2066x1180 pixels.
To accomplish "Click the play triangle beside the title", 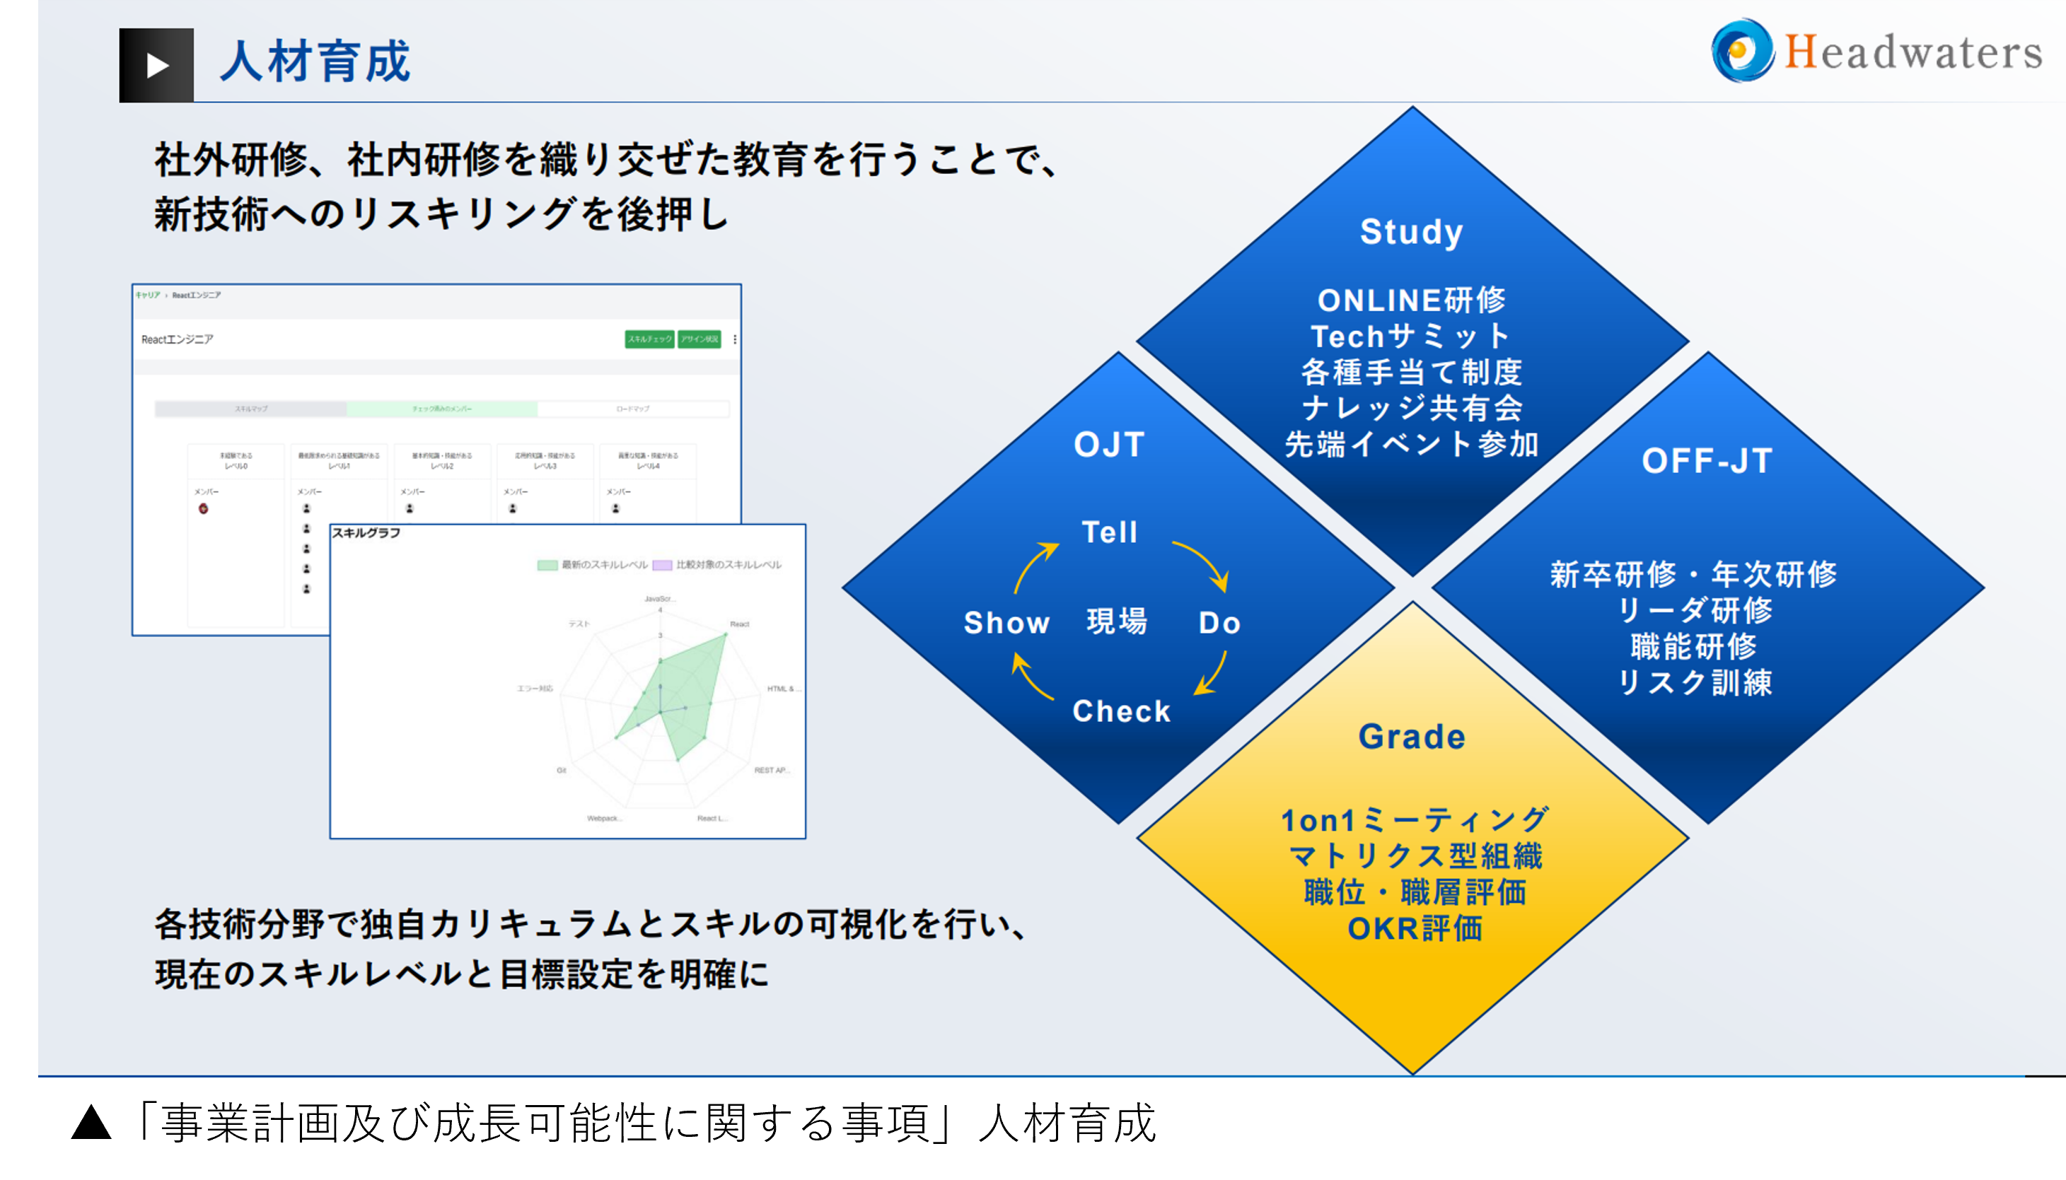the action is (157, 66).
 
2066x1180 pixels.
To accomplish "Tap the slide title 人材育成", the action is (315, 62).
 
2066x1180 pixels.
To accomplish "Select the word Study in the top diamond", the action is (1411, 232).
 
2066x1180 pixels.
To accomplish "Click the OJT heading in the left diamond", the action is (1109, 445).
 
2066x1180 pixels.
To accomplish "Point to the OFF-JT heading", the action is (1707, 461).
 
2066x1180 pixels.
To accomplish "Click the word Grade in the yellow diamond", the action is (1412, 737).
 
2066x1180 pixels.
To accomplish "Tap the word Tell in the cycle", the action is (1110, 532).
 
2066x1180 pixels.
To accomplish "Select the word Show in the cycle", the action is (1006, 622).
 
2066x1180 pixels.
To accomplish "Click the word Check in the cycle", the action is (1121, 711).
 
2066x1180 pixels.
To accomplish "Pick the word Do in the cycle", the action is (1219, 622).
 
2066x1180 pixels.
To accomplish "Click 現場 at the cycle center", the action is (1117, 621).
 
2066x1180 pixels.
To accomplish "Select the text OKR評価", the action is (1415, 929).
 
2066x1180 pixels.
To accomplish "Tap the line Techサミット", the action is (1411, 336).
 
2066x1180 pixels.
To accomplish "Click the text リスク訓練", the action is (1694, 682).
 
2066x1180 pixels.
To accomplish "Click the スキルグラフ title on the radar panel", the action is (366, 533).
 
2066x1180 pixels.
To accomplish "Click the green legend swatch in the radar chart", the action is (547, 565).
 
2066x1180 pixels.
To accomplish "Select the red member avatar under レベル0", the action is (204, 509).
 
